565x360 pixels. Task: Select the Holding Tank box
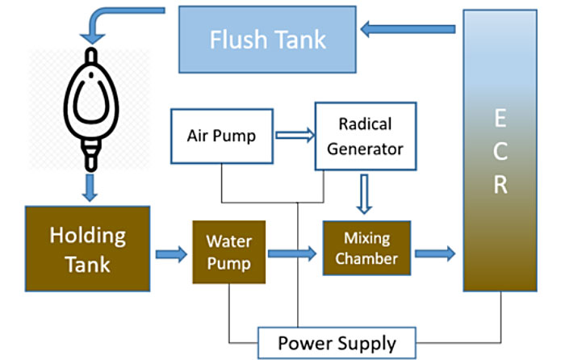[88, 248]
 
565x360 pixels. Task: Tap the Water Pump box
[229, 251]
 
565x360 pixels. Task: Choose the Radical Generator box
[365, 136]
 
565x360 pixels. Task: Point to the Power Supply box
[337, 343]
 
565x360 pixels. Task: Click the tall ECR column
[500, 150]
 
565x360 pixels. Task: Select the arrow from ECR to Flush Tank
[408, 31]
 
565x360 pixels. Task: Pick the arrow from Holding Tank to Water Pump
[171, 255]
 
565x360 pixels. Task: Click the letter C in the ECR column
[500, 151]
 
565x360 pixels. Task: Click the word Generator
[366, 149]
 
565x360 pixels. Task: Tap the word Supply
[366, 343]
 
